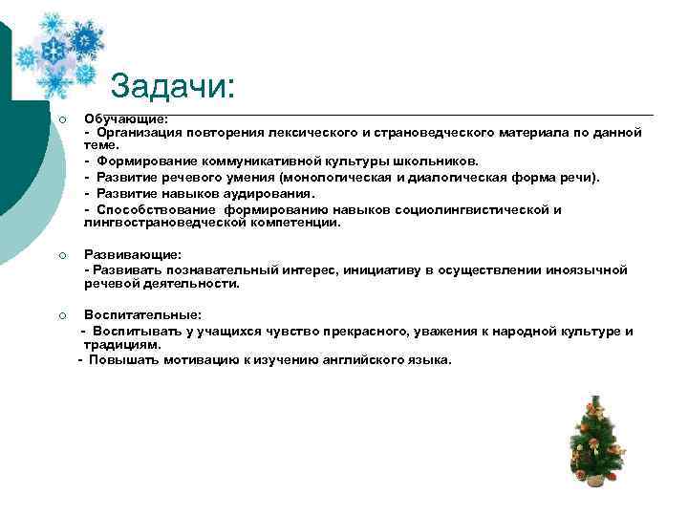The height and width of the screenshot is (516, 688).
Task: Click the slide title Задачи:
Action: [172, 88]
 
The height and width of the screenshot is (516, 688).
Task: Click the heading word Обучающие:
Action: [126, 118]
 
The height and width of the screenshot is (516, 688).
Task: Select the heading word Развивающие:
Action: [132, 255]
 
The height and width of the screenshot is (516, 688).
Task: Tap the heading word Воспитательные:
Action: [142, 315]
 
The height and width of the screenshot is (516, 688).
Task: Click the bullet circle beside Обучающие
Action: [60, 119]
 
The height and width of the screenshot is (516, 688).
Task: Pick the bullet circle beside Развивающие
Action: [60, 255]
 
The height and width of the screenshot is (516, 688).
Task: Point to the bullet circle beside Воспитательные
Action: [60, 315]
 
